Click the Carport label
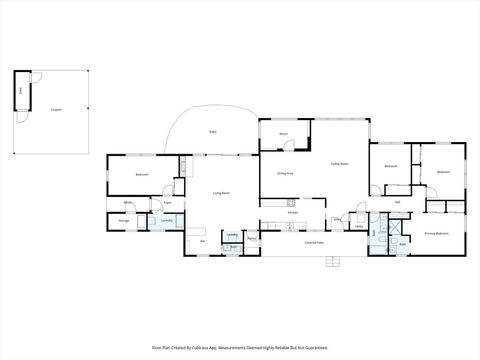pos(43,110)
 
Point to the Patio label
pos(212,132)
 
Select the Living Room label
pos(221,192)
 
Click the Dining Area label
pos(285,173)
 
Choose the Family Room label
pos(340,163)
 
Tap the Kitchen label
pos(293,213)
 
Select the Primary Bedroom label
pos(436,233)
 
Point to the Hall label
pos(397,203)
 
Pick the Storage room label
pos(124,220)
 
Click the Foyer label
pos(168,203)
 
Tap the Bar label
pos(203,241)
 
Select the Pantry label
pos(252,238)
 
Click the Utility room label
pos(358,227)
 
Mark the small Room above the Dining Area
pos(283,133)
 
